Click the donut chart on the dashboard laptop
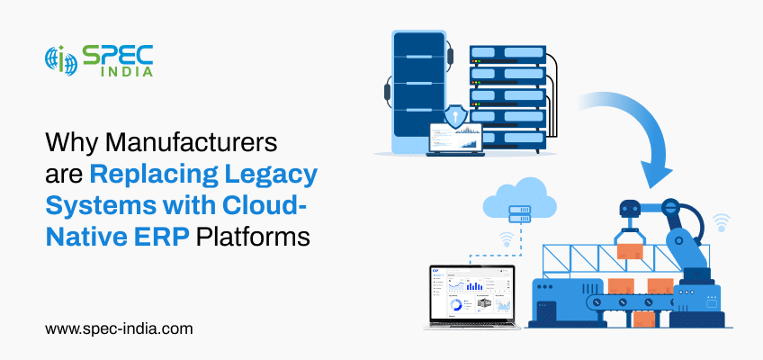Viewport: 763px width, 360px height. click(x=455, y=305)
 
